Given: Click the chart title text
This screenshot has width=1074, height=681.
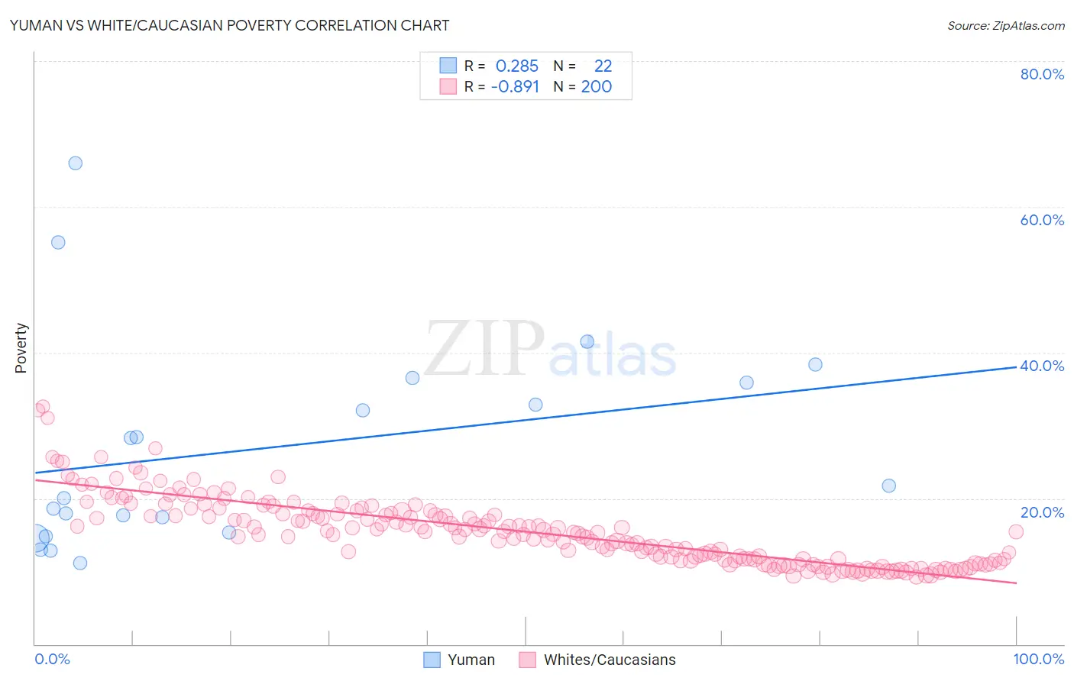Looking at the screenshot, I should tap(229, 25).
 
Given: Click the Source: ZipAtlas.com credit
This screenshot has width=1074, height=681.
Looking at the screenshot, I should tap(1005, 25).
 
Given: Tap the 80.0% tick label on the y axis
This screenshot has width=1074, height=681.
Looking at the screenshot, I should tap(1042, 74).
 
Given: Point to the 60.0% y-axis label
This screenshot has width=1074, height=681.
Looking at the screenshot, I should tap(1042, 220).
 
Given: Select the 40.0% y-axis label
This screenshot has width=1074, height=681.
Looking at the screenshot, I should tap(1042, 366).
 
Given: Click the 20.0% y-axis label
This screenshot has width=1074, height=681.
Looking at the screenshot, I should tap(1042, 512).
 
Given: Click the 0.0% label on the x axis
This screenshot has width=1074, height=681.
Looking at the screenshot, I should tap(52, 659).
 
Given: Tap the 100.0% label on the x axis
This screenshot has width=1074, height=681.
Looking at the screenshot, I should tap(1038, 659).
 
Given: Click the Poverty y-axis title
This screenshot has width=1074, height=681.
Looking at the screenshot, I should tap(21, 348).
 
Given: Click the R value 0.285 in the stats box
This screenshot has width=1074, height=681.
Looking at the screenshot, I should tap(517, 66).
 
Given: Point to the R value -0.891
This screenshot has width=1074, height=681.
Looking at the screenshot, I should tap(515, 87).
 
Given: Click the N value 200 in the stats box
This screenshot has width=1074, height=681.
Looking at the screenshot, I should tap(597, 87).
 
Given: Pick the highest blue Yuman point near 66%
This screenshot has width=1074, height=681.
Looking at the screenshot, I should tap(75, 163).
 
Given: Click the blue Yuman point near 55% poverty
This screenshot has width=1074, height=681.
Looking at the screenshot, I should tap(58, 242).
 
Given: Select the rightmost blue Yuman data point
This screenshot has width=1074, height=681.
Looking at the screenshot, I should tap(888, 486).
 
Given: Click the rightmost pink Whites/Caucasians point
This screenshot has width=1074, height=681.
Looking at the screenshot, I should tap(1016, 531).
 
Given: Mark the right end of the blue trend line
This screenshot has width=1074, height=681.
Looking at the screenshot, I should tap(1016, 367).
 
